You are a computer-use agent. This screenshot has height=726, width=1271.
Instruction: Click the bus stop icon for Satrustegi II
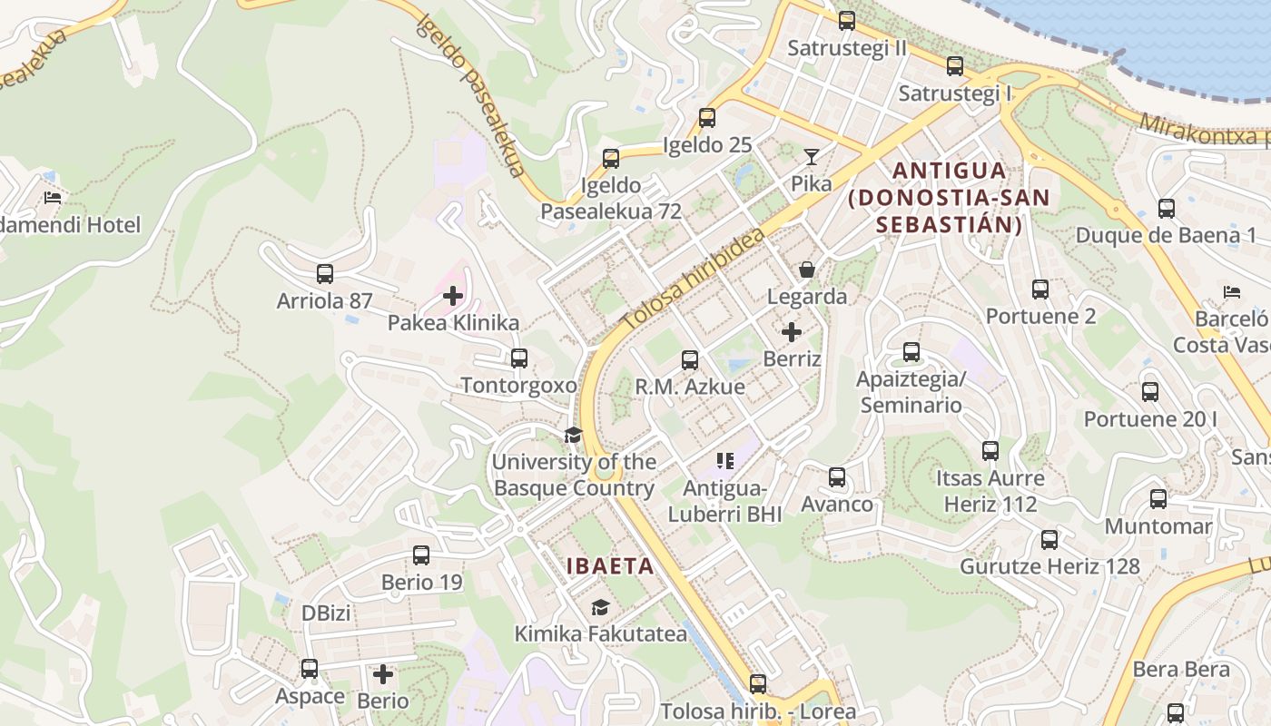(847, 20)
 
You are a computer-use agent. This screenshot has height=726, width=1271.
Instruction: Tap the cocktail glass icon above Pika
(811, 157)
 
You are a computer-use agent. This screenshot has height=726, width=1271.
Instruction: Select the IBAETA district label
(610, 566)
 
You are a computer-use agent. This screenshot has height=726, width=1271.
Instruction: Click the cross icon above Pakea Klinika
(453, 295)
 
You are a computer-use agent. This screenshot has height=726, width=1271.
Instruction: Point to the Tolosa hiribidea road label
(694, 280)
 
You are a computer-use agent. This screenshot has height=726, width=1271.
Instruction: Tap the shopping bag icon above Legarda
(806, 270)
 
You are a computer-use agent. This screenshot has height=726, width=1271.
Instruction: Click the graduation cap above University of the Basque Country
(573, 435)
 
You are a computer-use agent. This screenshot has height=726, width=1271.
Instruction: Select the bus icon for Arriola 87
(325, 273)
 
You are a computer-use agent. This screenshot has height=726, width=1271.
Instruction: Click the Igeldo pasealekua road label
(472, 95)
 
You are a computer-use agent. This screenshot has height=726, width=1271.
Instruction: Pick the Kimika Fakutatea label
(600, 633)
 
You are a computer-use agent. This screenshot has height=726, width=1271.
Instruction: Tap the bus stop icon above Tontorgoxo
(519, 358)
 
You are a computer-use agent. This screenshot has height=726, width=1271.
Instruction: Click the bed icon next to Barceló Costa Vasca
(1232, 292)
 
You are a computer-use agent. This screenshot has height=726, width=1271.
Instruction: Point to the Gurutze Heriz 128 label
(1049, 566)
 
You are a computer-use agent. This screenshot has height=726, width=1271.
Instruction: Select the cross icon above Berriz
(792, 332)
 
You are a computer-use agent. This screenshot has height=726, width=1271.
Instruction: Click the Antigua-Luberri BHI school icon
(724, 461)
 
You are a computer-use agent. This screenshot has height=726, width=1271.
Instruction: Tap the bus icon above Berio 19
(421, 554)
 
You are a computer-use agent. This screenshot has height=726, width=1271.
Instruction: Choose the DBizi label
(326, 613)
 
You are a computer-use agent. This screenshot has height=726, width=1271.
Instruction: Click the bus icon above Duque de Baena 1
(1167, 209)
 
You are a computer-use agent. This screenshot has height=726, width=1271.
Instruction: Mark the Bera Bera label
(1180, 670)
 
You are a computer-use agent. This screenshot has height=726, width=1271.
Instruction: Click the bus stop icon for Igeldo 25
(707, 117)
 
